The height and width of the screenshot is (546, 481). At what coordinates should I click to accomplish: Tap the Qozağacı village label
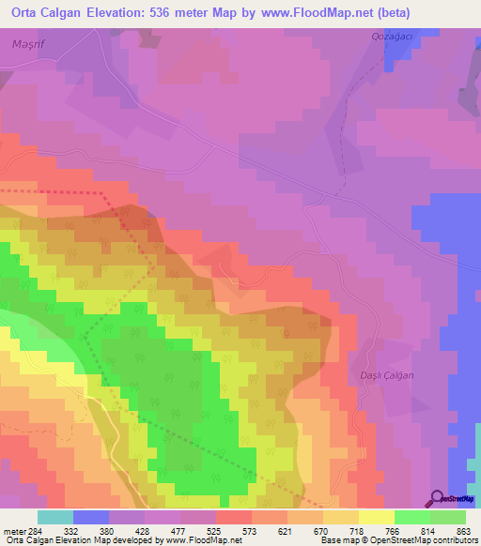387,37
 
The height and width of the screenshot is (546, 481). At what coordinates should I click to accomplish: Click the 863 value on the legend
463,532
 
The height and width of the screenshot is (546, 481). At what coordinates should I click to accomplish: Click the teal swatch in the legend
55,517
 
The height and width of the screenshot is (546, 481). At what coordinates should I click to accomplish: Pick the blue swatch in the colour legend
91,517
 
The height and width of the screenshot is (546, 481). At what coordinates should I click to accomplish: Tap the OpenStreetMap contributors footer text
424,541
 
